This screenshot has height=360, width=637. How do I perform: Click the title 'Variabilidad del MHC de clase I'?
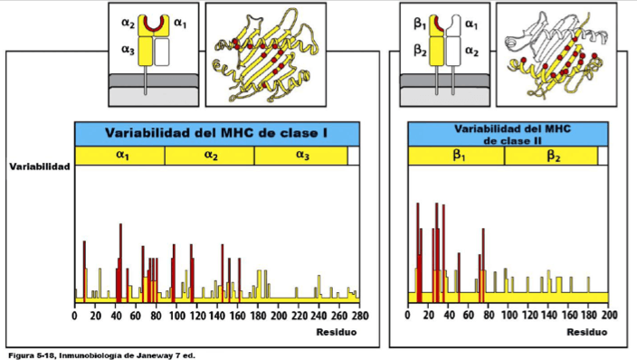(216, 133)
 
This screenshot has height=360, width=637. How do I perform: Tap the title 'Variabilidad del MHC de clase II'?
(512, 135)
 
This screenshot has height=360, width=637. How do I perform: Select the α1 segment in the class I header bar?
(119, 156)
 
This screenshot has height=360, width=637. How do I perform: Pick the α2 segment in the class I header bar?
(210, 156)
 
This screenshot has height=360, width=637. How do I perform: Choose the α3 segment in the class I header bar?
(301, 156)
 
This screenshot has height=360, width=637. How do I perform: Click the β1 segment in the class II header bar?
(456, 156)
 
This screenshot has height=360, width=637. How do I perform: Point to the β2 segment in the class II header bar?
(551, 156)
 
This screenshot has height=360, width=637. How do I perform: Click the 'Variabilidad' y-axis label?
(40, 166)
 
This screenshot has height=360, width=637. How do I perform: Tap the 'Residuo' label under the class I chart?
(337, 332)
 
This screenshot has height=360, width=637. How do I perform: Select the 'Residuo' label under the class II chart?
(587, 332)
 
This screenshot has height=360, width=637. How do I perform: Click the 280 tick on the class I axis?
(360, 316)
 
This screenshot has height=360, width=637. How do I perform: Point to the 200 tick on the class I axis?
(279, 316)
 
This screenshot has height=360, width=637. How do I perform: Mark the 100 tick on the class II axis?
(509, 315)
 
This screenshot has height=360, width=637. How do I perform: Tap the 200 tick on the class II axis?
(609, 315)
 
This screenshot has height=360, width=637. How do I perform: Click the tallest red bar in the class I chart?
(120, 263)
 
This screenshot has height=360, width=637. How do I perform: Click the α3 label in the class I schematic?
(128, 50)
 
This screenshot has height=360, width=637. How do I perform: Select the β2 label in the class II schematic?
(420, 51)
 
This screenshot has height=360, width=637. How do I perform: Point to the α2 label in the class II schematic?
(471, 51)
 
